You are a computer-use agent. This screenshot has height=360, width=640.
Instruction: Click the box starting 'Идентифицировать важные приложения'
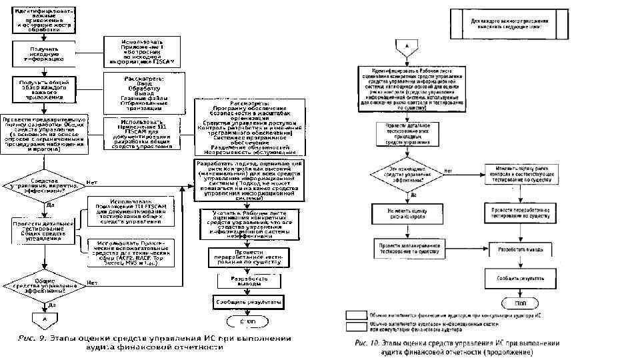[44, 19]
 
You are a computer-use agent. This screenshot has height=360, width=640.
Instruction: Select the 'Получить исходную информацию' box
[43, 53]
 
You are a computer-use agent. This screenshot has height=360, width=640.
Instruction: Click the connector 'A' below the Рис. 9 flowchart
[45, 319]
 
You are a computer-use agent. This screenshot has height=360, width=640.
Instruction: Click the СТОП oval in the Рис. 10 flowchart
[520, 302]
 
